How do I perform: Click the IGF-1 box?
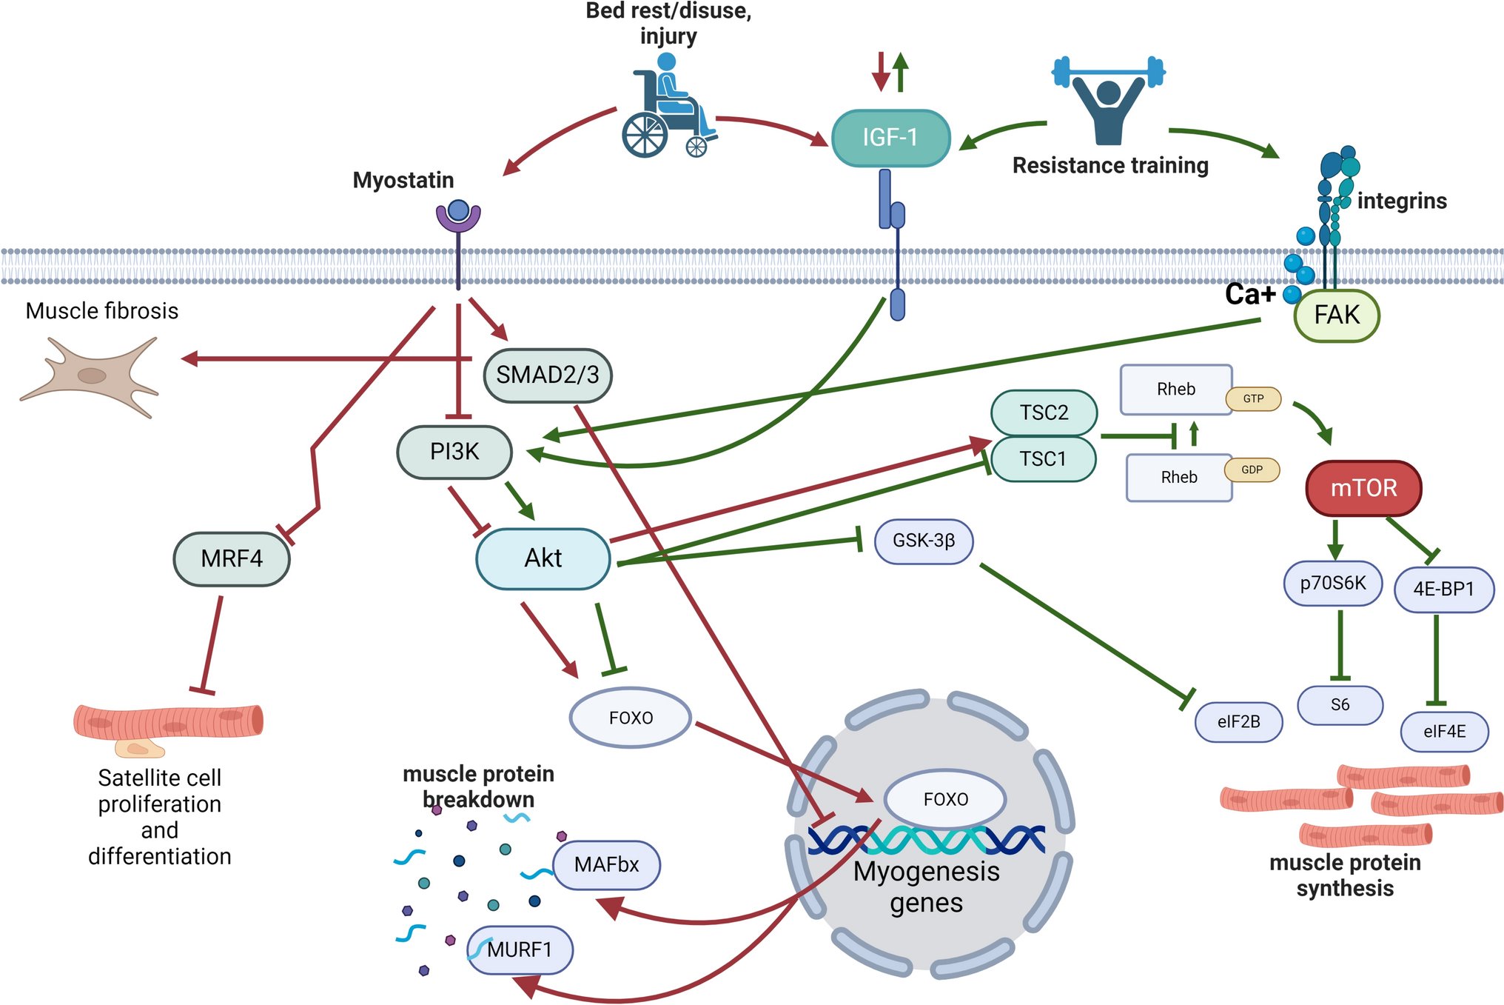(x=890, y=138)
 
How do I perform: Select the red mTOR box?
(x=1363, y=488)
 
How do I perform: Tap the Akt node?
(x=543, y=558)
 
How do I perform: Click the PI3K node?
(x=454, y=452)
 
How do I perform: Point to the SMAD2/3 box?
(x=548, y=375)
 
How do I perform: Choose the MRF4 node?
(x=232, y=558)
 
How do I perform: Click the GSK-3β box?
(x=924, y=541)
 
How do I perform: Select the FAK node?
(x=1337, y=315)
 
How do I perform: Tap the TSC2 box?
(x=1044, y=413)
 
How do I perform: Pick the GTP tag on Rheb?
(x=1253, y=398)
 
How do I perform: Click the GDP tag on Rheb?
(x=1252, y=470)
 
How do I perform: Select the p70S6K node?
(x=1332, y=584)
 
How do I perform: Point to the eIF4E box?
(x=1444, y=732)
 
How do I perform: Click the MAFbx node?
(x=606, y=865)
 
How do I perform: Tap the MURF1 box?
(x=520, y=949)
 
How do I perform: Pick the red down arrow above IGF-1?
(x=881, y=71)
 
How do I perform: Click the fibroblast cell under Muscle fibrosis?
(x=90, y=376)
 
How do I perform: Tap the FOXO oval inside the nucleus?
(x=945, y=800)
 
